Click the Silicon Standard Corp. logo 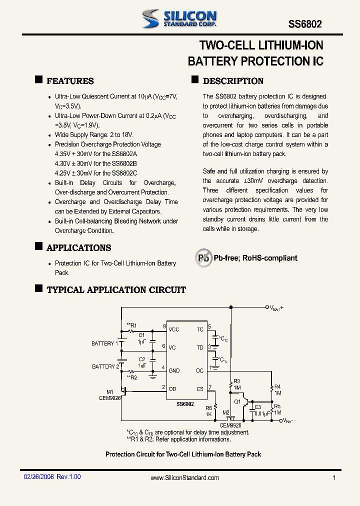[x=179, y=18]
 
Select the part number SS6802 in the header [x=305, y=24]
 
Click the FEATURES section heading [x=70, y=81]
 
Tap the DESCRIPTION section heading [x=233, y=81]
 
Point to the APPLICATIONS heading [x=78, y=248]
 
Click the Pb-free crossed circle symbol [x=203, y=258]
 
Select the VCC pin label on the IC [x=174, y=329]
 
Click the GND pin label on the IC [x=174, y=370]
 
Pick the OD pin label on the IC [x=172, y=388]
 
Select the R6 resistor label [x=208, y=408]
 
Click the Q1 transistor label [x=237, y=401]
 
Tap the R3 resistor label [x=237, y=381]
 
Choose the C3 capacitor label [x=257, y=407]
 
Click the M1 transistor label [x=110, y=391]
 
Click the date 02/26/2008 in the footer [x=38, y=477]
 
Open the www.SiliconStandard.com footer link [x=185, y=478]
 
